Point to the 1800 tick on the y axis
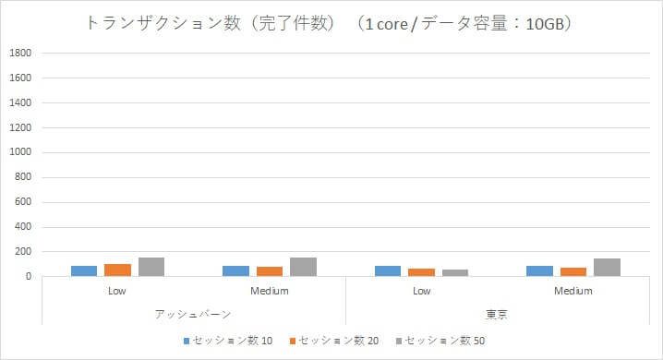click(22, 53)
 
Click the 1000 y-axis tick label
click(22, 152)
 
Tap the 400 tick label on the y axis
click(25, 227)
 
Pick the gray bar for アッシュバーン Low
click(151, 267)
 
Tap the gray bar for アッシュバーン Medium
click(303, 267)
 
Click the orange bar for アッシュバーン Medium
click(270, 271)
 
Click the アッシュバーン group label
click(193, 315)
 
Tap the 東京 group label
click(497, 315)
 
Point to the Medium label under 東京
click(573, 292)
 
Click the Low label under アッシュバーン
click(117, 292)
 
